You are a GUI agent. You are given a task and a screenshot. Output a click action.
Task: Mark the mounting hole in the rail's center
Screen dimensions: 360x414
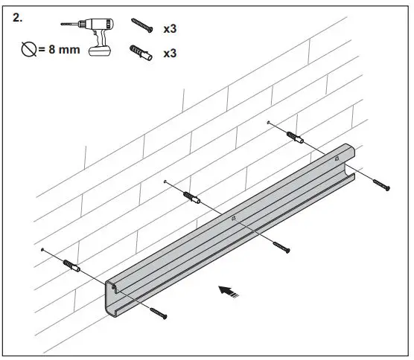pyautogui.click(x=235, y=218)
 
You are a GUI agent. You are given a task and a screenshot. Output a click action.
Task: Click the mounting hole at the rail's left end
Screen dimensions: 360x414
pyautogui.click(x=114, y=284)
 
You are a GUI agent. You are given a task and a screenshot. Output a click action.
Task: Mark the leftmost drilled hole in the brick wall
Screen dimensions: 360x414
pyautogui.click(x=44, y=249)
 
